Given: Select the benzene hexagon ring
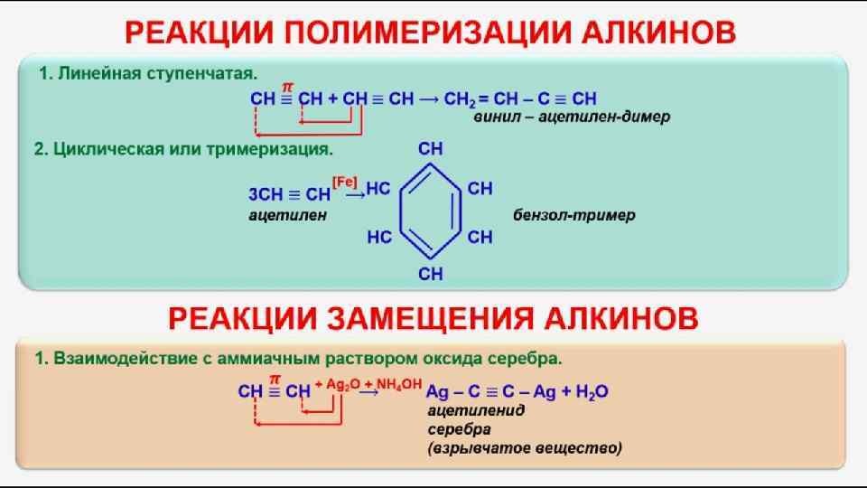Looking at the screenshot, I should (432, 213).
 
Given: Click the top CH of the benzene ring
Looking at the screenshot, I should (431, 148).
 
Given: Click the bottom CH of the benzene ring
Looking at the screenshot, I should (431, 272).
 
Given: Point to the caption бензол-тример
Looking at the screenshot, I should (574, 215).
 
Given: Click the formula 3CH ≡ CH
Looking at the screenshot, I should (289, 194).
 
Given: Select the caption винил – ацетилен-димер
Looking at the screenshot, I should (572, 117).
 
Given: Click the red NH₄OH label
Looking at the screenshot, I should (399, 385).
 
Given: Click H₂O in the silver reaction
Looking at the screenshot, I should (591, 392).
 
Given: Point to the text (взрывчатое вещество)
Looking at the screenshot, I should (525, 447).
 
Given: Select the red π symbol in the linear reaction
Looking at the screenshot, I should (287, 85).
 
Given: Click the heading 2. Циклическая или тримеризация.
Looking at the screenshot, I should (184, 149).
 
